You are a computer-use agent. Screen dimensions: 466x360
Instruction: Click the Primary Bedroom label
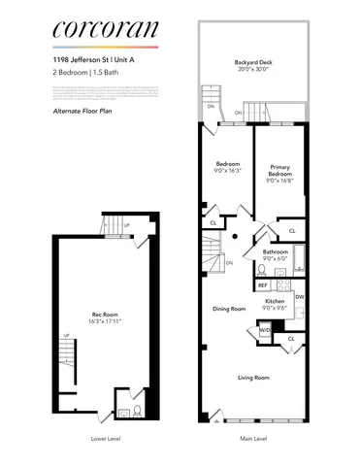[x=281, y=171]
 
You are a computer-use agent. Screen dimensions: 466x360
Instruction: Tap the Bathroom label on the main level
[x=277, y=251]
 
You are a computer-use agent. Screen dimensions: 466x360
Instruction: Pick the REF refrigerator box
[x=263, y=285]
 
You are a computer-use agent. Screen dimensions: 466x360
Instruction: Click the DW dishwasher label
[x=299, y=296]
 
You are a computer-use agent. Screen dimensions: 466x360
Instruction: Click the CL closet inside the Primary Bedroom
[x=292, y=231]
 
